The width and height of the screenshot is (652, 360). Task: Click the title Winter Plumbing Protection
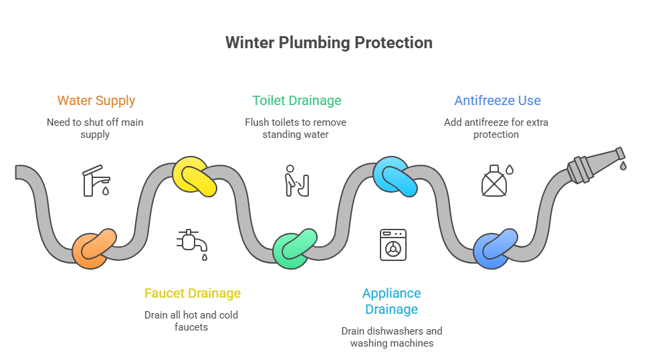click(x=328, y=43)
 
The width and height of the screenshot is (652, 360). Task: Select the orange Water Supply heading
click(x=96, y=101)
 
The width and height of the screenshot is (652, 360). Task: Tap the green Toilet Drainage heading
click(x=296, y=101)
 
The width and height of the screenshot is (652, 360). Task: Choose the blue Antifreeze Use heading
click(x=497, y=101)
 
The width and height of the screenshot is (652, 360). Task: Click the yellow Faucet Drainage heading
click(x=193, y=294)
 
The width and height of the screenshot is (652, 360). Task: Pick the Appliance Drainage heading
click(x=391, y=301)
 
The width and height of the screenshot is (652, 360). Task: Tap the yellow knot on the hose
click(x=194, y=176)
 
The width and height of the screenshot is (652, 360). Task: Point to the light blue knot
click(x=395, y=176)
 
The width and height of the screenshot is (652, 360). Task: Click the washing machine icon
click(x=393, y=244)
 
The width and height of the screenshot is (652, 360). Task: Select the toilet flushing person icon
click(x=295, y=181)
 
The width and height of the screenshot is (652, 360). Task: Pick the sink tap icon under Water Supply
click(x=96, y=181)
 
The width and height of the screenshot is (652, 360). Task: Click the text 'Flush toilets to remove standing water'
click(x=295, y=128)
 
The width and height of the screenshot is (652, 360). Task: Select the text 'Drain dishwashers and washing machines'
click(x=391, y=337)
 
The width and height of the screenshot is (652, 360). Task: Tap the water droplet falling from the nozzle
click(x=623, y=165)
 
